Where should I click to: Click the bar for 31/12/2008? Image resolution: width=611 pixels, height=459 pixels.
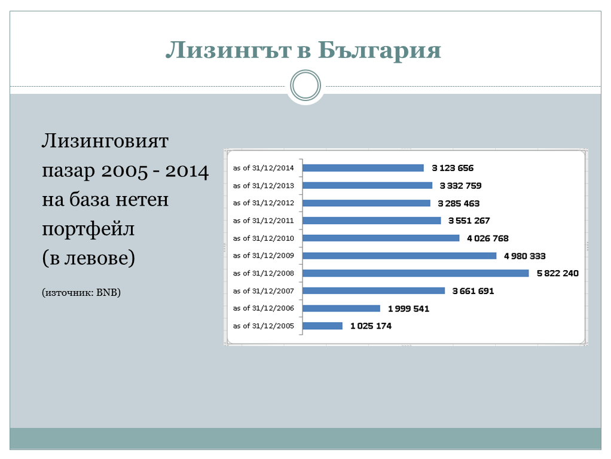(x=416, y=273)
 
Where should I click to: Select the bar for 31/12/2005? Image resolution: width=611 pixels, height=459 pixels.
(x=322, y=326)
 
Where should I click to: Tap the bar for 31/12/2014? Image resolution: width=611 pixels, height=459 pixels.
(x=363, y=168)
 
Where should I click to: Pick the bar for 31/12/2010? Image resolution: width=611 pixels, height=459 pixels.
(x=381, y=238)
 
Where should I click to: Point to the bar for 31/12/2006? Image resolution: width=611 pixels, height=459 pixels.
(x=341, y=308)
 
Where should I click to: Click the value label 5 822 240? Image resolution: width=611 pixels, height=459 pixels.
(x=558, y=273)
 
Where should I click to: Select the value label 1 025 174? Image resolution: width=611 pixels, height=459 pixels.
(x=371, y=326)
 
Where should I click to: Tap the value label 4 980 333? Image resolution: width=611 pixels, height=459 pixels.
(x=524, y=256)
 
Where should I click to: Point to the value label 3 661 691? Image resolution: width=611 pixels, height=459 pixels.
(x=473, y=291)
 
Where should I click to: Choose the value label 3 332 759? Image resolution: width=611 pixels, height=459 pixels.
(x=460, y=186)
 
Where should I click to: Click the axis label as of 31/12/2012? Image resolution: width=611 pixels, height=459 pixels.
(x=264, y=203)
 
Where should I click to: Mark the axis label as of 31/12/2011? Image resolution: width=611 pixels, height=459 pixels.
(x=264, y=221)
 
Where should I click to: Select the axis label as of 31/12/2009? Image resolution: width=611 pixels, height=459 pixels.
(x=264, y=256)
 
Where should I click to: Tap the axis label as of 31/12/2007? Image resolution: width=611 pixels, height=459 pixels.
(x=264, y=290)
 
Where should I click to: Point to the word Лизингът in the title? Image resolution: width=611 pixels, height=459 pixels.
(x=228, y=50)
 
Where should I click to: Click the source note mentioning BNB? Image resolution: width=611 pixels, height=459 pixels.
(x=81, y=292)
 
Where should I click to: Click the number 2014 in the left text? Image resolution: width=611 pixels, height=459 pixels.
(x=187, y=171)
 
